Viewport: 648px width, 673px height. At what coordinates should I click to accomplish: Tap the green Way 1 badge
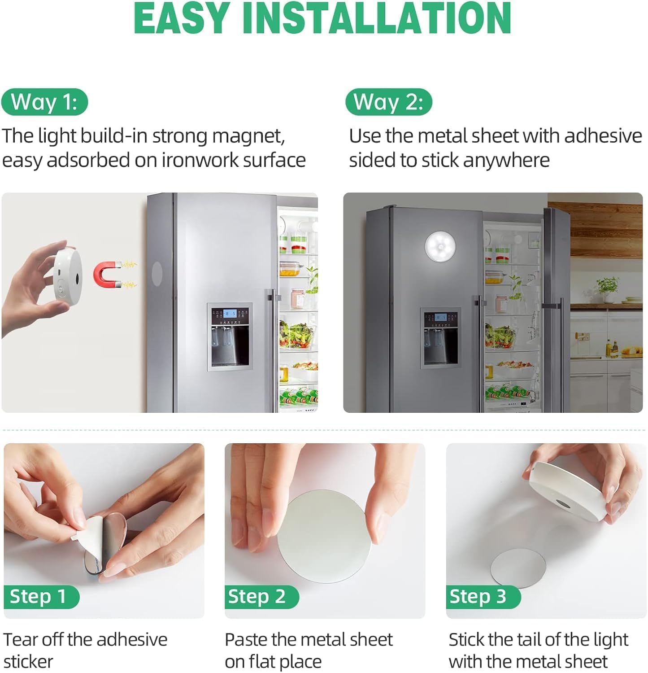44,102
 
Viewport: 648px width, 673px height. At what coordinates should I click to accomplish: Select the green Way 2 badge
389,102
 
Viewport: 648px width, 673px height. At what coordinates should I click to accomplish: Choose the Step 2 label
261,597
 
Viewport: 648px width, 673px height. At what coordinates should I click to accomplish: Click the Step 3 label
483,597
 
